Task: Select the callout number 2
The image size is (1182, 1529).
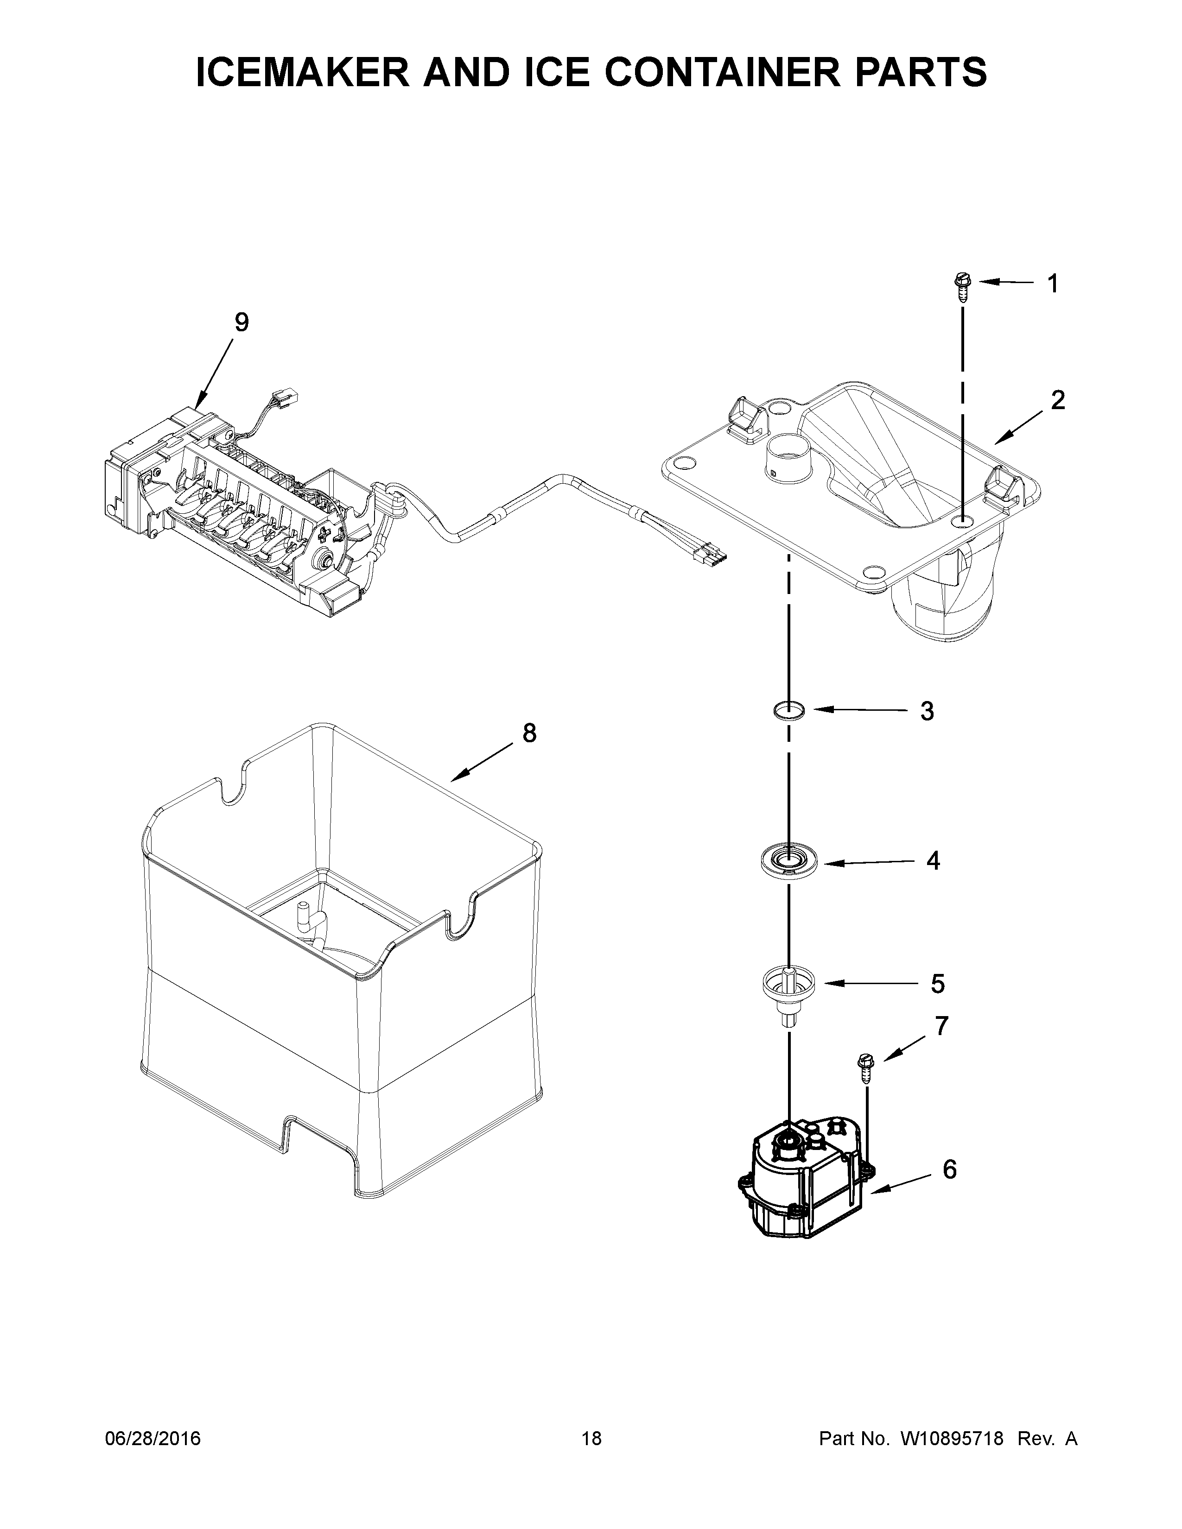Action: (x=1057, y=400)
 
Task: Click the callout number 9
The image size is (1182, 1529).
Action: (x=241, y=323)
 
